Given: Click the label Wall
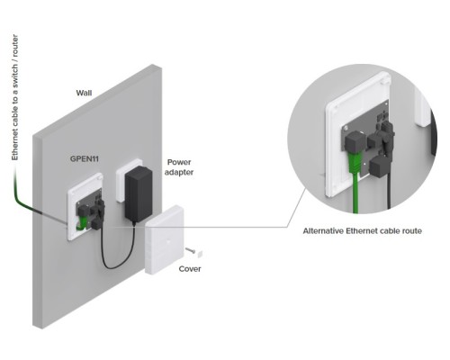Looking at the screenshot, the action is coord(84,93).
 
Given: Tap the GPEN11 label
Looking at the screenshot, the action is coord(85,158).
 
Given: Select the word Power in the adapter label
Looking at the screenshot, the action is coord(179,162).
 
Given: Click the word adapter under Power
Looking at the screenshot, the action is coord(179,173).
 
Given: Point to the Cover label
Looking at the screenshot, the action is coord(190,269).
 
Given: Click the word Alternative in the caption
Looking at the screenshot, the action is coord(323,231).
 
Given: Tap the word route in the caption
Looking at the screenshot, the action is coord(411,231).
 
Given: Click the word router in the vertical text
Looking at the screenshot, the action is coord(15,45).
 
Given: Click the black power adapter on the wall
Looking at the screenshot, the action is coord(139,194).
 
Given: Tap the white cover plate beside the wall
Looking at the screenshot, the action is coord(164,239).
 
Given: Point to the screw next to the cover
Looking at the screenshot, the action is coord(190,250).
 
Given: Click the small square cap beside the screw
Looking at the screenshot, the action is coord(199,254).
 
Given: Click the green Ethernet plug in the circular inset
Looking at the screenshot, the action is coord(355,164).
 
